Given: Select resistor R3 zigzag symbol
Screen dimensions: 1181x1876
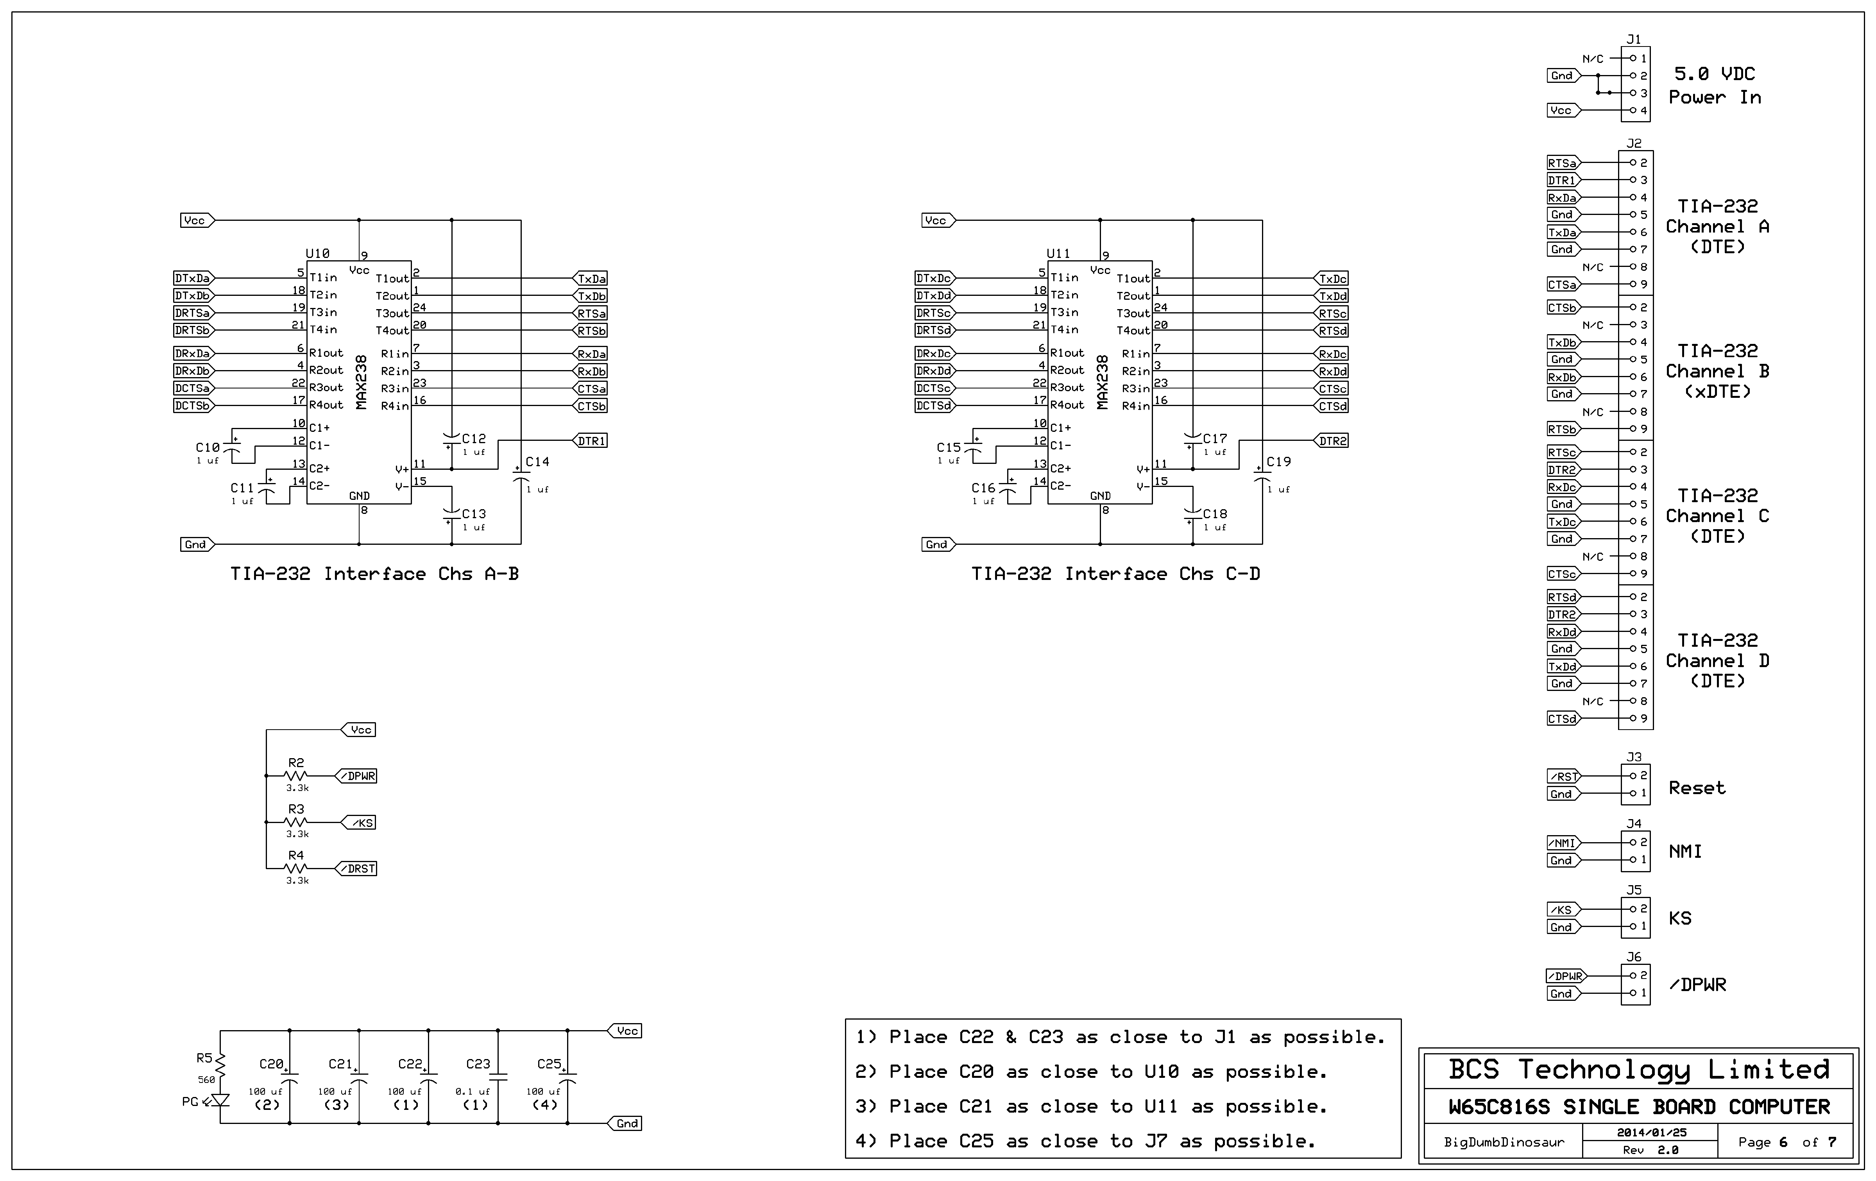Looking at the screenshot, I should [296, 822].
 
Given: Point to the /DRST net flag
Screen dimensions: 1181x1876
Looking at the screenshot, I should [358, 869].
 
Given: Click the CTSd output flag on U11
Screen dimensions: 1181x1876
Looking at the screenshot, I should [1332, 406].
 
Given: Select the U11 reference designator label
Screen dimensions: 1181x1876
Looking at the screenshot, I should [1058, 253].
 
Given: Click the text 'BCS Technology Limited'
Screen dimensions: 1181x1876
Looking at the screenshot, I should [1638, 1070].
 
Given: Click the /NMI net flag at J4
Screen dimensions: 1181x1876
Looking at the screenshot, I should [1563, 843].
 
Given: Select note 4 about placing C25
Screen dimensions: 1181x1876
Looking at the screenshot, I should [1085, 1141].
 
